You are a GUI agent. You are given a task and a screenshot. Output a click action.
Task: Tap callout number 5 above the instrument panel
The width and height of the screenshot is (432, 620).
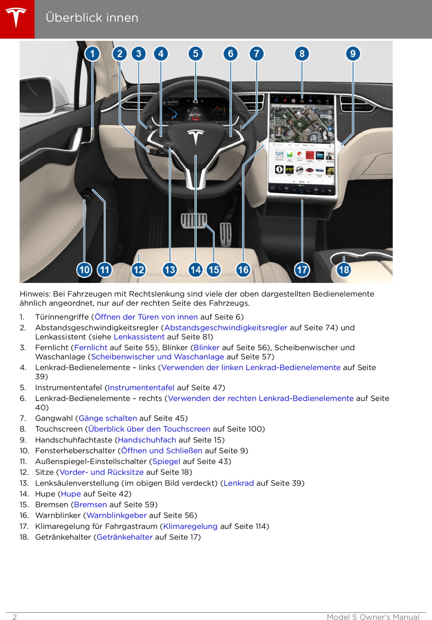tap(196, 54)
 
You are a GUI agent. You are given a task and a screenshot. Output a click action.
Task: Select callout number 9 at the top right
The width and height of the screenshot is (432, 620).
tap(353, 54)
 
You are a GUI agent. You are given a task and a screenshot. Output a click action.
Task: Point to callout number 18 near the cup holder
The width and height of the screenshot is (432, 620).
tap(344, 270)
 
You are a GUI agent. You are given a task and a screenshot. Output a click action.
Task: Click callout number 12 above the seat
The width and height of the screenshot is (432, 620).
tap(138, 270)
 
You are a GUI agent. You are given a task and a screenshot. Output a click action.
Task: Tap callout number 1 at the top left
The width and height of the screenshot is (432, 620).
tap(92, 54)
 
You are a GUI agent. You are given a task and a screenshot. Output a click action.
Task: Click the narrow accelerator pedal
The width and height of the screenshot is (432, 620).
tap(225, 234)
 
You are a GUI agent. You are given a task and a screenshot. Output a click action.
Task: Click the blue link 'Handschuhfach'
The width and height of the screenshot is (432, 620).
tap(147, 440)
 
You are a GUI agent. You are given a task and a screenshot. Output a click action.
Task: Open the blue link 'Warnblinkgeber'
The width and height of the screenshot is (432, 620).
tap(116, 515)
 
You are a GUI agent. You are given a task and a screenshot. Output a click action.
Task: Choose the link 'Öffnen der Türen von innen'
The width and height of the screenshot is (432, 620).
tap(146, 317)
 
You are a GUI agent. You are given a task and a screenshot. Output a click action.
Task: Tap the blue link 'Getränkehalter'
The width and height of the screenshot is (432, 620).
tap(125, 537)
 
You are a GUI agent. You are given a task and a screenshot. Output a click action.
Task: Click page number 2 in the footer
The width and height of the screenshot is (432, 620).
tap(15, 617)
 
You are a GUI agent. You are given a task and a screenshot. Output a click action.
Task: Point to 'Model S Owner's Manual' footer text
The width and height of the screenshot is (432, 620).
tap(373, 617)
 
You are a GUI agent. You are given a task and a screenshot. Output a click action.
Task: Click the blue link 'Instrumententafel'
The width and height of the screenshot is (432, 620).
tap(141, 387)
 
